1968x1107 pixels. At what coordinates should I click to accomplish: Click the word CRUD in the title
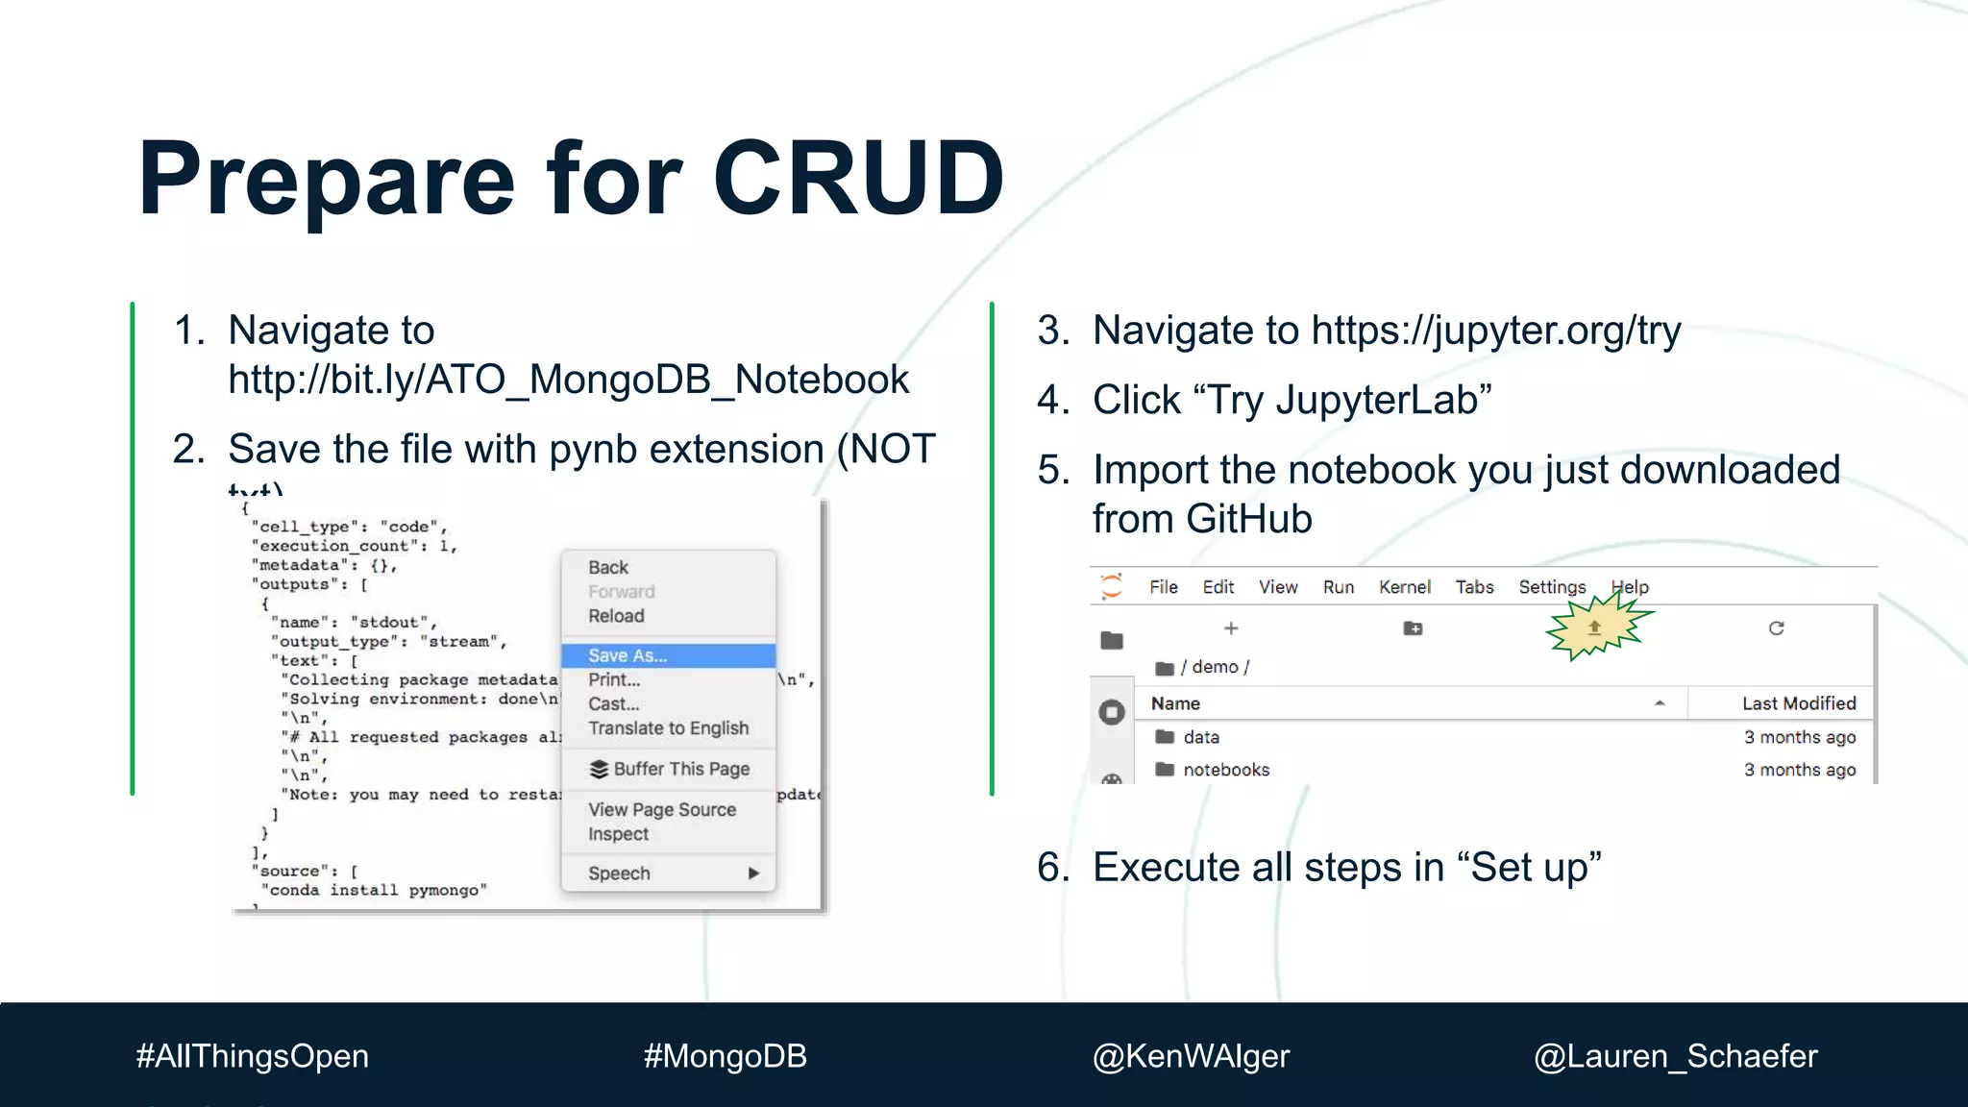(x=858, y=179)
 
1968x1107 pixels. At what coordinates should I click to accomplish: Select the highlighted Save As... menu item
(x=627, y=655)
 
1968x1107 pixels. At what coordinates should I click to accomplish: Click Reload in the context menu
(x=616, y=616)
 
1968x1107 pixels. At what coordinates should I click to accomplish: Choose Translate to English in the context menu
(x=668, y=728)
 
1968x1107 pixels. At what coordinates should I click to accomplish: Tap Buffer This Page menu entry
(x=680, y=769)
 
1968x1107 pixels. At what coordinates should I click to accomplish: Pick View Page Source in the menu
(x=662, y=810)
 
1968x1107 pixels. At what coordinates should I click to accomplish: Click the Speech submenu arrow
(x=753, y=873)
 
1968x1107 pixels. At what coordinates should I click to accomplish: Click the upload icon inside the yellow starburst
(x=1594, y=627)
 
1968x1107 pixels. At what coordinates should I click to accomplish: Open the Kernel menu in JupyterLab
(x=1404, y=587)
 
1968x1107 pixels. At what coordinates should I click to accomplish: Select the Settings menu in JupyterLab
(x=1552, y=587)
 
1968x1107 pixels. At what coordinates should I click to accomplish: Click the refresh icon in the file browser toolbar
(x=1776, y=628)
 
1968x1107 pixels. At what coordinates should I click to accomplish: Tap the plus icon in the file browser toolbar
(x=1231, y=628)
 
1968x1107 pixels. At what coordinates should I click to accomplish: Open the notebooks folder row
(x=1226, y=770)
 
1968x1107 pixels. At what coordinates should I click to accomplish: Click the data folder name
(x=1201, y=737)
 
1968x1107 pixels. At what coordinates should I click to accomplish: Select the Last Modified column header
(x=1799, y=703)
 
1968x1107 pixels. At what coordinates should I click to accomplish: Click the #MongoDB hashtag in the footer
(x=725, y=1056)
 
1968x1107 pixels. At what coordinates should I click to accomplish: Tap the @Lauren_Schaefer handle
(x=1675, y=1056)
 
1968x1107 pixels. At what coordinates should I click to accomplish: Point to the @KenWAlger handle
(x=1191, y=1056)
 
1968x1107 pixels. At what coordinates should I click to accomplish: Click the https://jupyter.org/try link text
(x=1495, y=331)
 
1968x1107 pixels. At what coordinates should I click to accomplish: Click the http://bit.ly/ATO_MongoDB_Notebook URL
(x=568, y=380)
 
